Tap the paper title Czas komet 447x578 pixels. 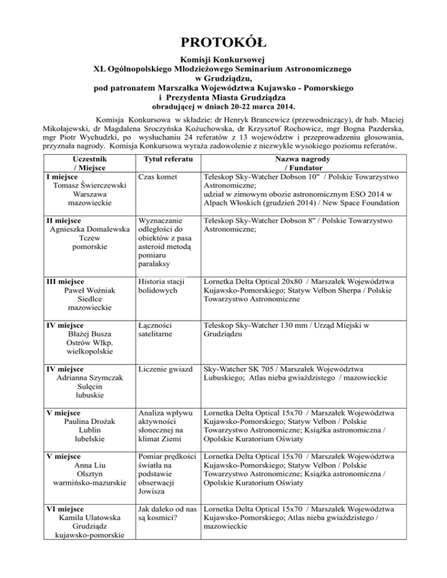point(159,176)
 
